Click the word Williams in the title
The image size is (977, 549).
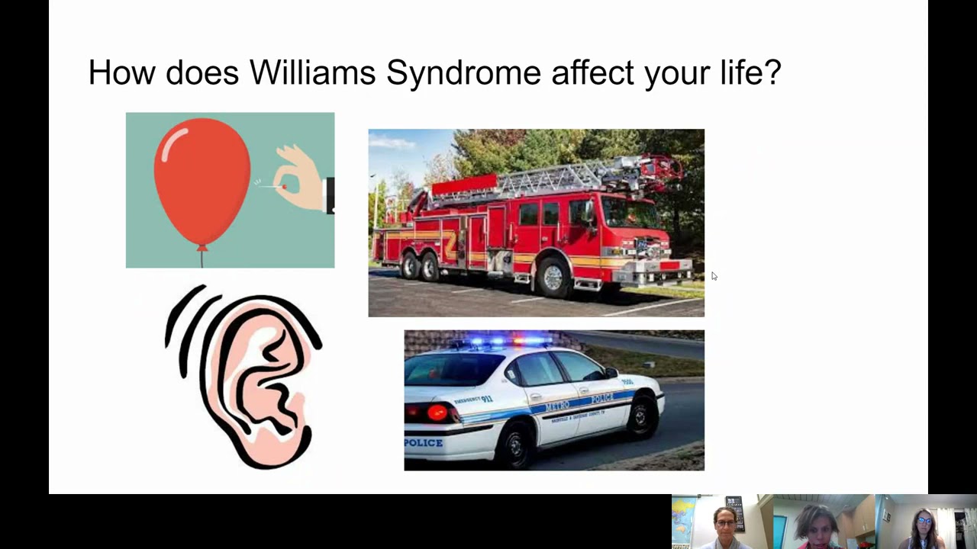312,73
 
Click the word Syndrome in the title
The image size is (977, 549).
463,73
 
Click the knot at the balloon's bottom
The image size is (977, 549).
202,246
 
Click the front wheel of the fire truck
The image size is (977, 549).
552,275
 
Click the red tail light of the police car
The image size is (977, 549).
437,413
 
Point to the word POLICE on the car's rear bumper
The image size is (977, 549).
423,443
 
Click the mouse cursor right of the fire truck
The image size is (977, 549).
714,276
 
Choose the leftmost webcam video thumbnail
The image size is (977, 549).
722,522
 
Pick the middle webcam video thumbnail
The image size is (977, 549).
824,522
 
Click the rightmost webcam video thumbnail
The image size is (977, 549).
926,522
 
